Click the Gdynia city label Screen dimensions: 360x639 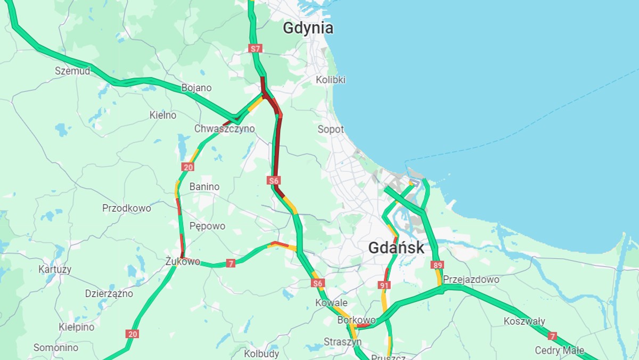click(x=308, y=28)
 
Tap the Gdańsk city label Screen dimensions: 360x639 click(x=396, y=248)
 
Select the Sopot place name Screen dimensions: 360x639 click(x=331, y=129)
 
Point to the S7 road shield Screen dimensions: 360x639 click(x=256, y=48)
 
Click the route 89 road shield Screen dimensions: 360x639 click(x=438, y=265)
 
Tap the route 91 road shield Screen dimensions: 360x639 click(x=384, y=285)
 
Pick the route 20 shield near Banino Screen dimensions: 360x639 click(x=187, y=167)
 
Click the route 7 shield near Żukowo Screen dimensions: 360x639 click(x=231, y=263)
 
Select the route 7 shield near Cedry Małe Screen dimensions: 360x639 click(x=552, y=336)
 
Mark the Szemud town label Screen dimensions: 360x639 click(x=72, y=71)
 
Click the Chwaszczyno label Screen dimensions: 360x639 click(x=224, y=129)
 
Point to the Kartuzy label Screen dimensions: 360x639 click(x=55, y=269)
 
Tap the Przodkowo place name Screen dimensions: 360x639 click(x=127, y=208)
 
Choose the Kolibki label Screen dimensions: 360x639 click(x=331, y=80)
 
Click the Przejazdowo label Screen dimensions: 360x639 click(x=471, y=280)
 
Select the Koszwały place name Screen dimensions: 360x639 click(x=525, y=321)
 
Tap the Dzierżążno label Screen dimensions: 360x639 click(x=109, y=293)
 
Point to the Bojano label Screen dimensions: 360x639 click(x=196, y=88)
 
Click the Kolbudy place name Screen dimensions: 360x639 click(x=261, y=354)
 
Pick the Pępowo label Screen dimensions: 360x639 click(x=207, y=226)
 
